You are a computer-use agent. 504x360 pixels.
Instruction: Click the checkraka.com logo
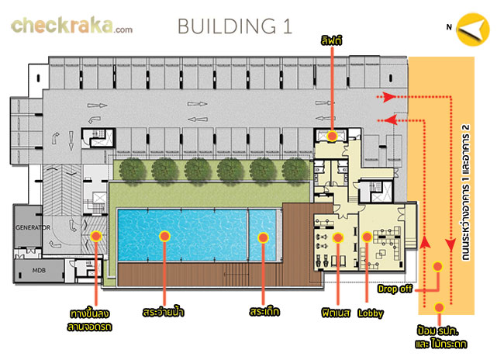(71, 26)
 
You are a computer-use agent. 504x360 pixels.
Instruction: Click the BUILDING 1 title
(235, 26)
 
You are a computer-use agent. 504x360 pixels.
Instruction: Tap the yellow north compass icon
(473, 29)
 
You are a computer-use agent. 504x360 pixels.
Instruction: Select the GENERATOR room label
(33, 227)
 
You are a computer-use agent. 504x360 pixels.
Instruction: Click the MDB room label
(39, 271)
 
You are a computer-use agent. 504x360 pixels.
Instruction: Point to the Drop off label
(395, 289)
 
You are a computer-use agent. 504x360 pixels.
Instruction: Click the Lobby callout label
(371, 313)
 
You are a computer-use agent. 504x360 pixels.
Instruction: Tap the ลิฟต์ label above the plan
(331, 41)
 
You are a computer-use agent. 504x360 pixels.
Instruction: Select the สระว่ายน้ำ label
(164, 312)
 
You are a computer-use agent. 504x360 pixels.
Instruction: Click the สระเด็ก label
(264, 312)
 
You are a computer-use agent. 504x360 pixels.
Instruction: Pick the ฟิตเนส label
(336, 313)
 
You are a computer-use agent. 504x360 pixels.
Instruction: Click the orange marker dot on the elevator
(332, 136)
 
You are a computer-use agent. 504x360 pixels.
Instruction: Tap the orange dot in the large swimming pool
(164, 236)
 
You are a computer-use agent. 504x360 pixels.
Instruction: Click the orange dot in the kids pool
(264, 237)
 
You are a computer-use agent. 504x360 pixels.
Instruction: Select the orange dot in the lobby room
(367, 237)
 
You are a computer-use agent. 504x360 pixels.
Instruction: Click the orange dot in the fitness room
(338, 237)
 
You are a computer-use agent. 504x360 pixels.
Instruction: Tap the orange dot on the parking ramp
(96, 237)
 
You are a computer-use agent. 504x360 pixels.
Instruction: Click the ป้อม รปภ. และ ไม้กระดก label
(440, 337)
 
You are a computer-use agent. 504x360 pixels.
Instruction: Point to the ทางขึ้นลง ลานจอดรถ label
(89, 320)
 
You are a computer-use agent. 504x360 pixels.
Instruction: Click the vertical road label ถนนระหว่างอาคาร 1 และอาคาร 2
(465, 192)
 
